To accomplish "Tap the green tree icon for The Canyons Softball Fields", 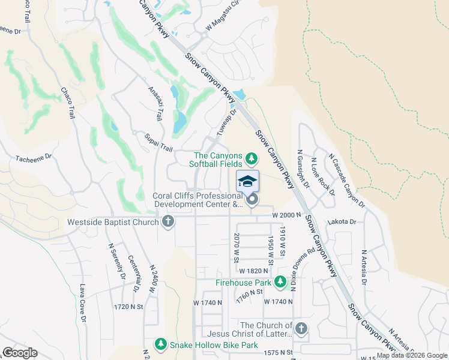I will tap(252, 159).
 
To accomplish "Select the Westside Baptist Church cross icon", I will tap(167, 222).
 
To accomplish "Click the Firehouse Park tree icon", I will tap(280, 282).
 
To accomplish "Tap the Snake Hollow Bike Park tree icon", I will tap(160, 344).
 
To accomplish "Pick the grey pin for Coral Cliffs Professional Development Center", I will tap(252, 200).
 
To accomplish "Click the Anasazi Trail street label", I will tap(155, 103).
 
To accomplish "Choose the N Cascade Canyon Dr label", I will tap(346, 180).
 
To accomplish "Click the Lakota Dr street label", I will tap(342, 221).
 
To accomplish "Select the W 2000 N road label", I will tap(286, 215).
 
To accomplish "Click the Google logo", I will tap(20, 353).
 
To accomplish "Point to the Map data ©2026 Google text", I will tap(412, 355).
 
